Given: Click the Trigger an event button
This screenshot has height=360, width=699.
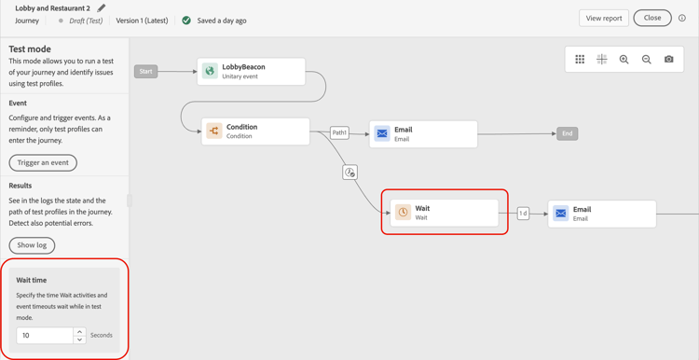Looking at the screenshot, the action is pos(43,162).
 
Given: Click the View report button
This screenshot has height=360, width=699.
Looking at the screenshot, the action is pos(603,18).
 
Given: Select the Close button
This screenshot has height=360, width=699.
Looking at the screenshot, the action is pos(652,18).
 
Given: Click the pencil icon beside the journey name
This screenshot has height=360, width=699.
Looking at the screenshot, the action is pos(102,8).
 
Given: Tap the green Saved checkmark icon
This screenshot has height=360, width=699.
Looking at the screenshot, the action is pos(186,21).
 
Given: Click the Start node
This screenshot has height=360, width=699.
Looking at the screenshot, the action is pos(145,71).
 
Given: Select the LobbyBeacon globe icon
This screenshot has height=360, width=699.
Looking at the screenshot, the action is pos(211,71).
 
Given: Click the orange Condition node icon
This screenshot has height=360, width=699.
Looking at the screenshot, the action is pos(213,132).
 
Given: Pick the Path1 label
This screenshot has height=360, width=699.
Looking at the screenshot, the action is pos(339,132).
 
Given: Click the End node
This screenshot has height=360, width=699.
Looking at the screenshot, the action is pos(567,133).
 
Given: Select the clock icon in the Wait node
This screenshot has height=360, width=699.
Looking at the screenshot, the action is pos(403,213).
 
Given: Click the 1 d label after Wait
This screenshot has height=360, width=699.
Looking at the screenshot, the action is pos(524,214).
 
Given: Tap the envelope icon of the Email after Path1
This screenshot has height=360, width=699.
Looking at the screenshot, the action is pos(382,134).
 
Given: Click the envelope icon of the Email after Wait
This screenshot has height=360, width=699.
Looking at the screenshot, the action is pos(561,214).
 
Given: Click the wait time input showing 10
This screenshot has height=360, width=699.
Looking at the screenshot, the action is pos(45,335).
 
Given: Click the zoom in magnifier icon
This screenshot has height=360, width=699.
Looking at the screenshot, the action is pos(624,60).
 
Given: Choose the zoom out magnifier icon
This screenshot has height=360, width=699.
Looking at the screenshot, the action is pos(647,60).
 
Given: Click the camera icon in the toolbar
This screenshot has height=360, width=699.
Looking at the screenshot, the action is pos(669,60).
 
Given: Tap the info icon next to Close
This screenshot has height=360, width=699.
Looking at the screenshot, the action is pos(682,18).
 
